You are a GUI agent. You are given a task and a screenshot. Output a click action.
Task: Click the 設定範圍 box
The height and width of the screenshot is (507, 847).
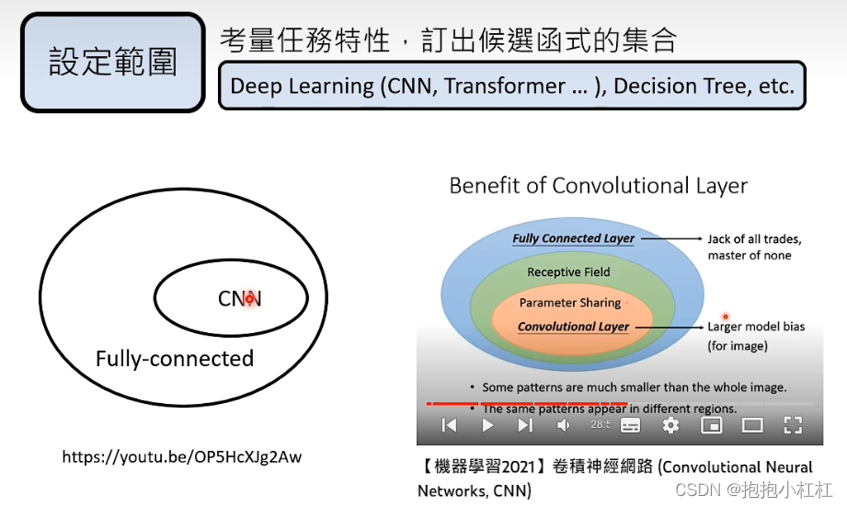click(112, 63)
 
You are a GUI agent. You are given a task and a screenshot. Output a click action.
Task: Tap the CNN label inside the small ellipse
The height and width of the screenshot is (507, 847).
click(239, 299)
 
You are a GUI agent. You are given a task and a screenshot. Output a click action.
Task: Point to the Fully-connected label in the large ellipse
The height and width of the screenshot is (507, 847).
click(175, 359)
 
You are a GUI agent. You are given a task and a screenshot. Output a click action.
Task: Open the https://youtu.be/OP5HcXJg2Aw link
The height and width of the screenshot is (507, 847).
click(182, 456)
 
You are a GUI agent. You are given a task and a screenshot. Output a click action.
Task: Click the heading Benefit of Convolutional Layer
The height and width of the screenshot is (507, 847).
click(598, 186)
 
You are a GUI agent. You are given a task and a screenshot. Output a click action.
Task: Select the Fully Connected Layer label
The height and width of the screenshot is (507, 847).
click(573, 238)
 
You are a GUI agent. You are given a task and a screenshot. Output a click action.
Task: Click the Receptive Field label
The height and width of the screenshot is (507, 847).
click(568, 272)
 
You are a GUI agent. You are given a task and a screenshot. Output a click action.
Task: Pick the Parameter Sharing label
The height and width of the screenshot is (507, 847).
click(570, 303)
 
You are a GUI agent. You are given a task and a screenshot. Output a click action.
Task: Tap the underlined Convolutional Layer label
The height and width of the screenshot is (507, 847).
click(573, 327)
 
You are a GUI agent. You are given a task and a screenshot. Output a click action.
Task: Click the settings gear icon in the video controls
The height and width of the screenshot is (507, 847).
click(670, 424)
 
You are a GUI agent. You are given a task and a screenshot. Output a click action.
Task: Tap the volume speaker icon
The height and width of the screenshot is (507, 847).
click(564, 424)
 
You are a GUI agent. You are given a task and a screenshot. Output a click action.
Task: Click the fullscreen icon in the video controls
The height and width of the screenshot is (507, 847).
click(793, 424)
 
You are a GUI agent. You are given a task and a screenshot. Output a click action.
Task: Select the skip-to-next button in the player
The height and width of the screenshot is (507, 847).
click(525, 424)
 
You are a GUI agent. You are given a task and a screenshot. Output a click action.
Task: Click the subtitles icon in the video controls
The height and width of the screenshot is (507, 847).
click(630, 424)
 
